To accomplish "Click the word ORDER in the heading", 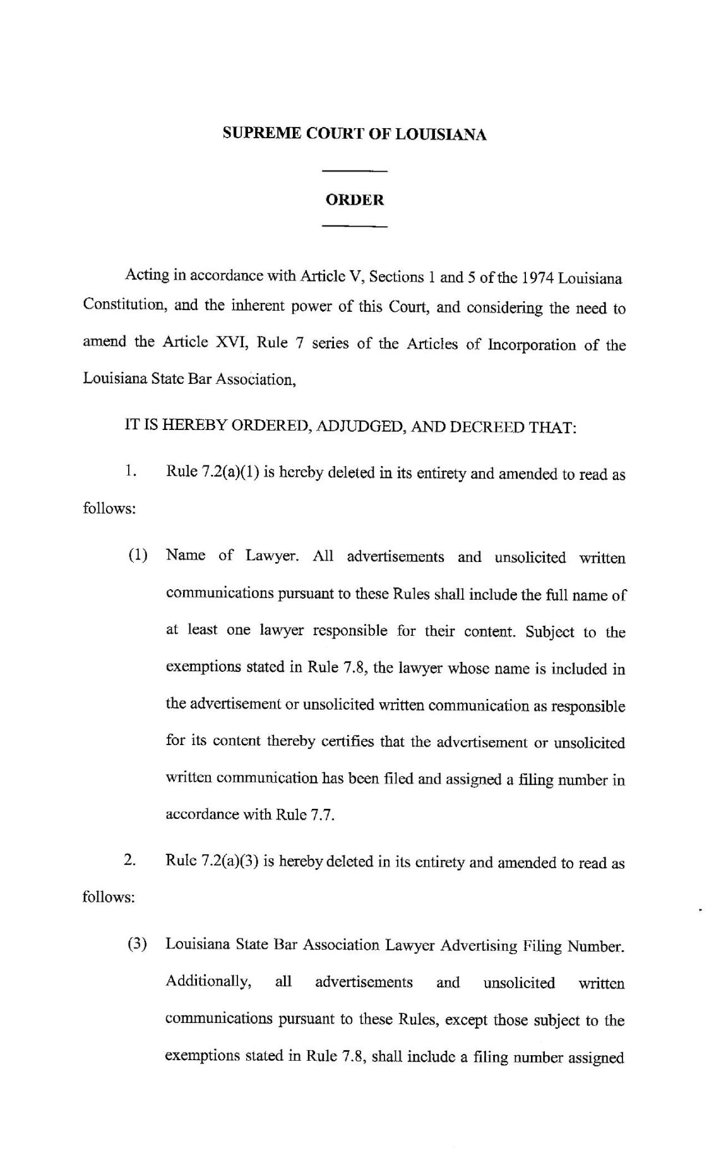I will pyautogui.click(x=354, y=200).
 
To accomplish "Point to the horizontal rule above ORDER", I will pyautogui.click(x=354, y=171).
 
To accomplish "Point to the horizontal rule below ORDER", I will pyautogui.click(x=354, y=225).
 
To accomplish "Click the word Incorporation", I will pyautogui.click(x=529, y=345).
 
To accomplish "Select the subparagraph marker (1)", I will pyautogui.click(x=138, y=556).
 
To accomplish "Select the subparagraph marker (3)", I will pyautogui.click(x=138, y=945).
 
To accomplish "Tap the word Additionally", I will pyautogui.click(x=208, y=982).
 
